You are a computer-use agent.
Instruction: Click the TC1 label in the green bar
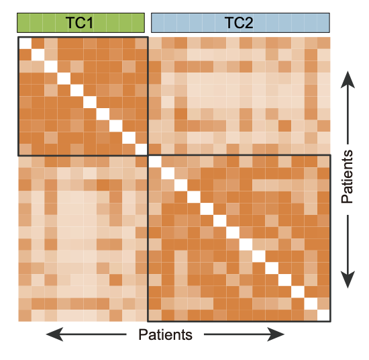(x=79, y=23)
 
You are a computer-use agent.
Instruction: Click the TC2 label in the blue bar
(x=239, y=23)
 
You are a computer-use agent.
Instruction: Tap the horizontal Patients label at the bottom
(x=165, y=334)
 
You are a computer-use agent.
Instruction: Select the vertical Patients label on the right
(x=347, y=177)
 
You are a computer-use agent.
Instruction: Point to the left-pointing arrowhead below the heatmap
(x=54, y=334)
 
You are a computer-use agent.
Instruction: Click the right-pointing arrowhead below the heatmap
(x=276, y=334)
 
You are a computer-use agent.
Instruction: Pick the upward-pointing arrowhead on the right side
(x=348, y=80)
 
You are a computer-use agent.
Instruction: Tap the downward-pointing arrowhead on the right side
(x=348, y=279)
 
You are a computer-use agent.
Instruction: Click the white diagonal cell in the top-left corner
(x=25, y=43)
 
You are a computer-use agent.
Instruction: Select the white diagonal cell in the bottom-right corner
(x=323, y=315)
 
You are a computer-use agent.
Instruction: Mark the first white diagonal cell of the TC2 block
(x=155, y=162)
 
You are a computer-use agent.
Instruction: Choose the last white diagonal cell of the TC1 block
(x=141, y=149)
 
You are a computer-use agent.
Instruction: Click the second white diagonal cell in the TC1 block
(x=38, y=55)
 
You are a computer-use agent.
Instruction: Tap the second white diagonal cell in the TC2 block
(x=168, y=173)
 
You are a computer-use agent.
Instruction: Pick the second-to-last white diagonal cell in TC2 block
(x=311, y=304)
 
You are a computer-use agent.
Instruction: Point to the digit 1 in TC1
(x=89, y=23)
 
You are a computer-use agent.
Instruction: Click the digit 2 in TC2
(x=249, y=23)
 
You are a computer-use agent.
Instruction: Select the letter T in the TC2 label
(x=229, y=23)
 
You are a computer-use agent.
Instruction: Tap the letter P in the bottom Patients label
(x=143, y=334)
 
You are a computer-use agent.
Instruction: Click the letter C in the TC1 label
(x=80, y=23)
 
